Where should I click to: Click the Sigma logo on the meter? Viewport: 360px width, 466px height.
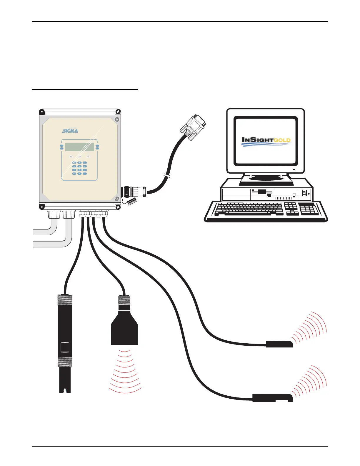70,130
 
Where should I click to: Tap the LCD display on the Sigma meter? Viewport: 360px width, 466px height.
79,147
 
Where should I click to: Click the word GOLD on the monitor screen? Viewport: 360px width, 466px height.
282,140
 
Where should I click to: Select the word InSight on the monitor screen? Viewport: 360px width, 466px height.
257,140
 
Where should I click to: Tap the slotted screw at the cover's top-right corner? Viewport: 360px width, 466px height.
116,120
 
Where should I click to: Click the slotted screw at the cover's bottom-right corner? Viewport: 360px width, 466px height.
117,199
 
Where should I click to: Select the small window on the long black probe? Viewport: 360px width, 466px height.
65,347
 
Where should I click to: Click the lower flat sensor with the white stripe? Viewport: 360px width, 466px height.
272,398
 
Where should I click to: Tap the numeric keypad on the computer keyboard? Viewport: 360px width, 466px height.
308,209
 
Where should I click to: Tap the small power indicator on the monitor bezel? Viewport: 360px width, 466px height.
294,170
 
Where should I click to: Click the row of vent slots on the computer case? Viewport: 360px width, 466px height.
283,198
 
